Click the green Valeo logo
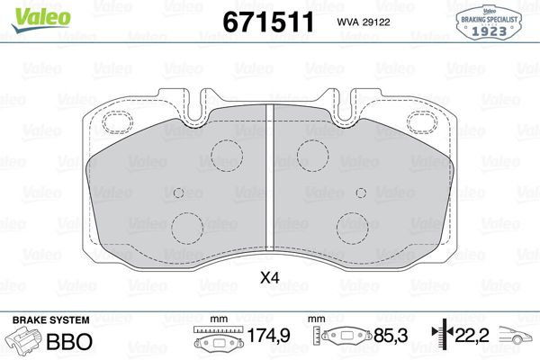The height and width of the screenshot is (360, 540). pyautogui.click(x=40, y=20)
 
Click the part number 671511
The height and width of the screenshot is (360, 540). pyautogui.click(x=268, y=22)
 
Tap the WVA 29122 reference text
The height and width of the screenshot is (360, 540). pyautogui.click(x=364, y=22)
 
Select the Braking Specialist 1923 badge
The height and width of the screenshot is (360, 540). pyautogui.click(x=489, y=23)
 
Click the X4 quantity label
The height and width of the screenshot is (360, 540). pyautogui.click(x=270, y=277)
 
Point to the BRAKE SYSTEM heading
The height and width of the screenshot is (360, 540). pyautogui.click(x=51, y=320)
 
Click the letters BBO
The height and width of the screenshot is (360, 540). pyautogui.click(x=69, y=341)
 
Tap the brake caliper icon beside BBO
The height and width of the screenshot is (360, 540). pyautogui.click(x=23, y=341)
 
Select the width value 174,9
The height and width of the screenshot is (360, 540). pyautogui.click(x=269, y=336)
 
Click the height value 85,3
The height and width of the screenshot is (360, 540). pyautogui.click(x=391, y=336)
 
